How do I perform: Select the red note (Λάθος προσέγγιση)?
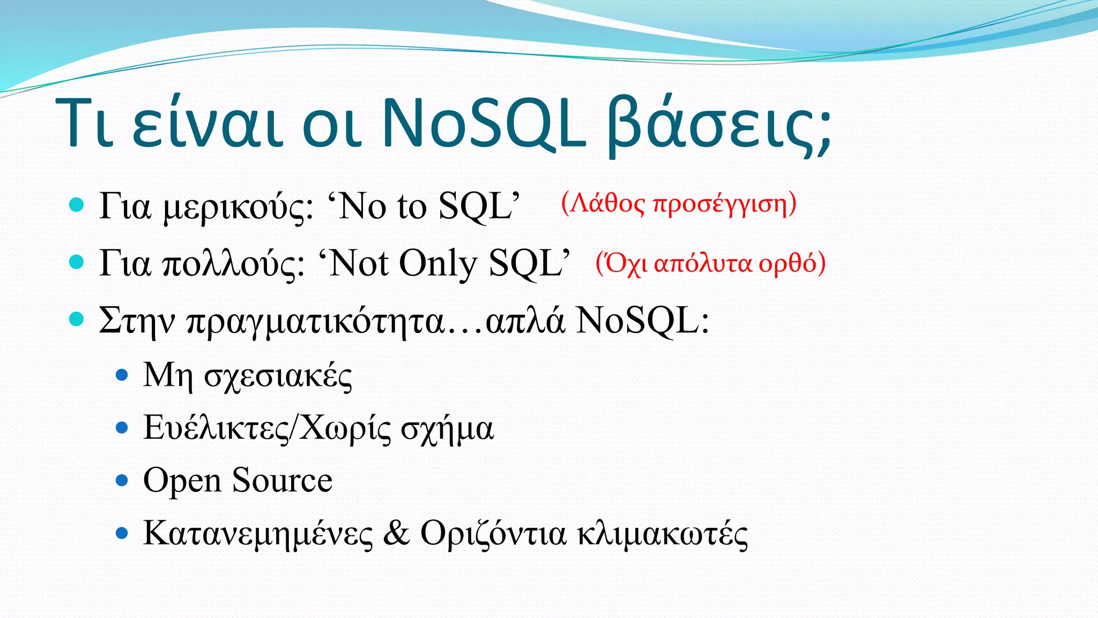(679, 204)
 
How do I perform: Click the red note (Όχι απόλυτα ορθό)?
(710, 263)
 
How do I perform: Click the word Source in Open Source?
(282, 480)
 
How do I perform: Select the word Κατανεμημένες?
(258, 534)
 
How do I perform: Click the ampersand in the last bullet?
(396, 533)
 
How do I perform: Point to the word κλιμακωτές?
(662, 534)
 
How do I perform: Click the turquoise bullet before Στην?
(77, 320)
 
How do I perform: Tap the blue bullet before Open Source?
(122, 480)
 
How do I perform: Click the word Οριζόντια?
(493, 534)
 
